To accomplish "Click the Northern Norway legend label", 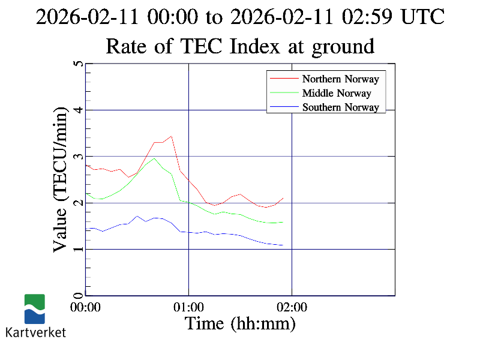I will point(340,79).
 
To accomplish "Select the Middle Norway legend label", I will point(337,93).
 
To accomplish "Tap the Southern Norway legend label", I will point(340,107).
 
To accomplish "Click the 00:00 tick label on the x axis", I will point(86,307).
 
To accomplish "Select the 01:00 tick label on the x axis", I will point(189,307).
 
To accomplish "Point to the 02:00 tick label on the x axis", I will point(292,307).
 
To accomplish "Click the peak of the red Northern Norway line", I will point(172,136).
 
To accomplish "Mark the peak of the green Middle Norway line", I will point(154,158).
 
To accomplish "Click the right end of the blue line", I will point(283,245).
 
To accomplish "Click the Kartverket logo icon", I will point(34,309).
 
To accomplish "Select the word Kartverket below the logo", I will point(35,332).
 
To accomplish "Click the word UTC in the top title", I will point(423,17).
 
